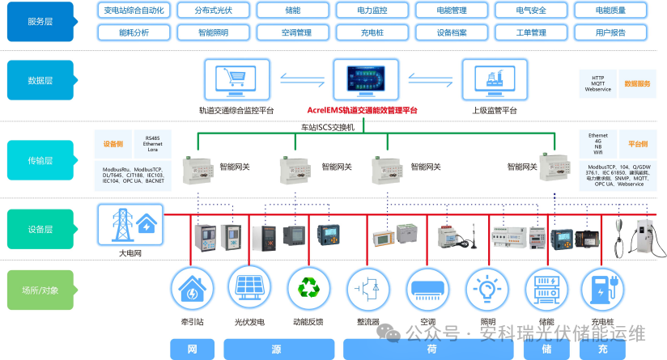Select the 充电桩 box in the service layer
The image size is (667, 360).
click(372, 33)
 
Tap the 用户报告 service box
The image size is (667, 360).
click(610, 33)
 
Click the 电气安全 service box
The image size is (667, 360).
click(531, 11)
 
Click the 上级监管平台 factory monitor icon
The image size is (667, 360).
click(494, 79)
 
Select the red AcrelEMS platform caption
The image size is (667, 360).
click(363, 110)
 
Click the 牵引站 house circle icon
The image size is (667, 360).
click(192, 289)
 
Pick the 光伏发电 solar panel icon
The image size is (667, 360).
click(250, 289)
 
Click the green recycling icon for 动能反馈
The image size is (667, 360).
click(308, 289)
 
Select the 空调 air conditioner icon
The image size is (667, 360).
click(427, 289)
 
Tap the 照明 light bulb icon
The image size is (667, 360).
click(487, 289)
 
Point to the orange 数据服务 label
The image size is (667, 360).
click(636, 83)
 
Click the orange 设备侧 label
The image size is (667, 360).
click(112, 144)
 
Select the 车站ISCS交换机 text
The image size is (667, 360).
click(328, 127)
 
